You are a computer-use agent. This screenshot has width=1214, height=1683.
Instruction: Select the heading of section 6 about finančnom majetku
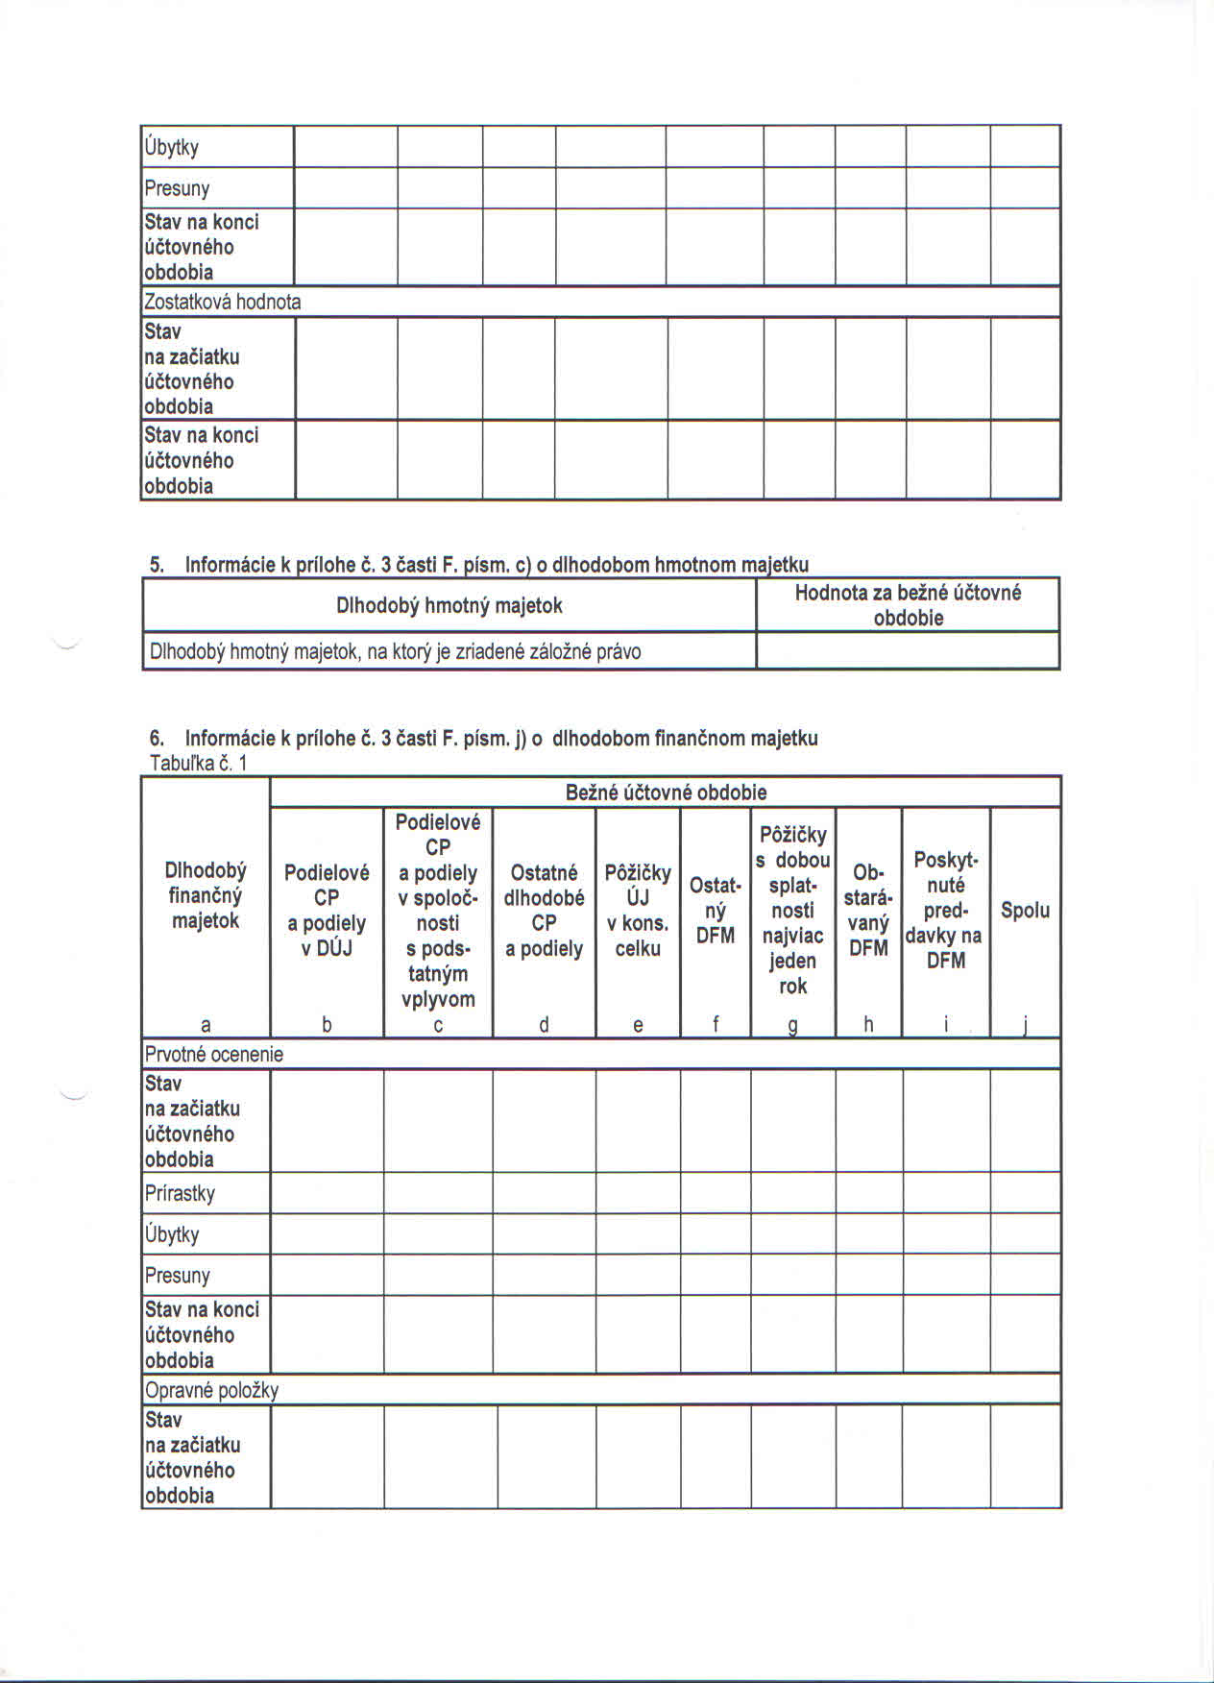click(484, 739)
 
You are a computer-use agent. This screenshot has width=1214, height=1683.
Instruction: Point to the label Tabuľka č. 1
click(199, 764)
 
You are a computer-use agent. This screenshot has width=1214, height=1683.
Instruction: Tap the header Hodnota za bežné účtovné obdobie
click(908, 605)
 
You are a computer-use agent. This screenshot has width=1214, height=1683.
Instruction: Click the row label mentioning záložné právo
click(395, 652)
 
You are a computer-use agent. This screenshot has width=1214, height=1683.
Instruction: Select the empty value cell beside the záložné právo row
click(908, 651)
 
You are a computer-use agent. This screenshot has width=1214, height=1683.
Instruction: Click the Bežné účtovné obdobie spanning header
click(666, 793)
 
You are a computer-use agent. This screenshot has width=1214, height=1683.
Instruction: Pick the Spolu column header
click(1025, 910)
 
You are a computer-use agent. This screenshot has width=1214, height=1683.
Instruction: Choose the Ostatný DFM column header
click(715, 910)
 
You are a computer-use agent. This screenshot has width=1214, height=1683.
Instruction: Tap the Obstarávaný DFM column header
click(868, 910)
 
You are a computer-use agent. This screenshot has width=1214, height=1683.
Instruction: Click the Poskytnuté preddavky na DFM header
click(946, 910)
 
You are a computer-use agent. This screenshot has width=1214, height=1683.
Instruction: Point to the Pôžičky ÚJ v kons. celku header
click(638, 910)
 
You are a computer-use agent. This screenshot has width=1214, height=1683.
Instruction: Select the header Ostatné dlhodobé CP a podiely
click(544, 910)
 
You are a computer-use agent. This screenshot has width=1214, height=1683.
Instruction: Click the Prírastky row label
click(181, 1194)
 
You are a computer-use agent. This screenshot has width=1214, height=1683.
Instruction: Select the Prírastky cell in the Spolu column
click(1025, 1194)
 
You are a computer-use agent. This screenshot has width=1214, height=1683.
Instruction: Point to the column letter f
click(716, 1025)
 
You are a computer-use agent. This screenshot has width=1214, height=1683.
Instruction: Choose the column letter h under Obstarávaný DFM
click(868, 1025)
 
